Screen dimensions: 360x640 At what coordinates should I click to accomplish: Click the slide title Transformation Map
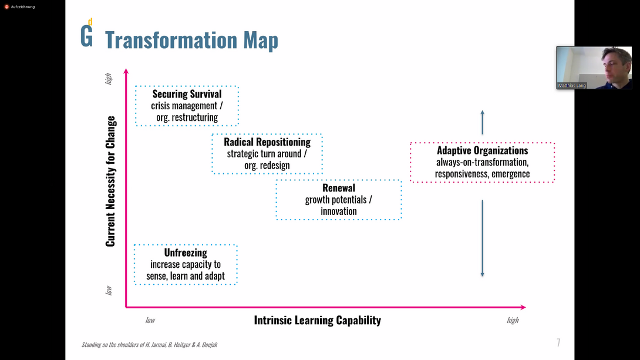(x=191, y=40)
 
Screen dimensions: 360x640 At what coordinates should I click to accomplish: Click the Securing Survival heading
(x=187, y=94)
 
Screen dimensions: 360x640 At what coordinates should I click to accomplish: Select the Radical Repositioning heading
(x=267, y=142)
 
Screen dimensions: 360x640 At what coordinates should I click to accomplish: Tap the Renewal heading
(x=339, y=188)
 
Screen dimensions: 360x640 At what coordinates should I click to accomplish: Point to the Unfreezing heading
(x=186, y=253)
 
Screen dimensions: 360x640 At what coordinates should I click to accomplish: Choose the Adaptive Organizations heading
(x=482, y=150)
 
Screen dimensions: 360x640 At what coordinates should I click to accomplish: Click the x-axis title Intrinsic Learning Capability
(x=317, y=320)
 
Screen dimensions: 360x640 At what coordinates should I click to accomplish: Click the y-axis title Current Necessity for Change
(x=111, y=181)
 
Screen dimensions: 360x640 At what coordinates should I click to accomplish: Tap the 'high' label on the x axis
(x=513, y=321)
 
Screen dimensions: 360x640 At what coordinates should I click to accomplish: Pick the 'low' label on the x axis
(x=150, y=321)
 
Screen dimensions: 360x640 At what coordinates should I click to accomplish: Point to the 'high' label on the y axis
(x=109, y=79)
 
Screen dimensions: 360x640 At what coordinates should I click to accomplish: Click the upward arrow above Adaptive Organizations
(x=482, y=122)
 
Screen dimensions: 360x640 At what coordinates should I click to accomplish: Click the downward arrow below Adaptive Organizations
(x=482, y=238)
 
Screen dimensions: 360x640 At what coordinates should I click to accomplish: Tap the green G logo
(x=86, y=35)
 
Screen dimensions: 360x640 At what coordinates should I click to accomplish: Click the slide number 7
(x=558, y=343)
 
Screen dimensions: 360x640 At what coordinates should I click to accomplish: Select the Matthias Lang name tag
(x=572, y=86)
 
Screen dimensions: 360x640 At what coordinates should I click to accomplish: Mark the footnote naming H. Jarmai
(x=150, y=345)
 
